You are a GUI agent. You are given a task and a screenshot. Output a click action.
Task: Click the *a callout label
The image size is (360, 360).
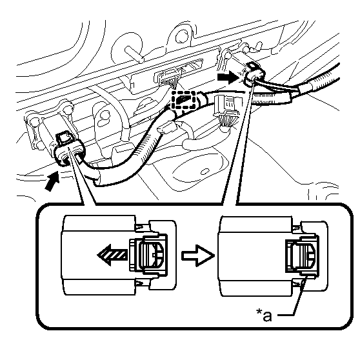click(264, 315)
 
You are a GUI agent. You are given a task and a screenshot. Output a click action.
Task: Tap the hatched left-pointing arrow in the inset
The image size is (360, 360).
click(112, 255)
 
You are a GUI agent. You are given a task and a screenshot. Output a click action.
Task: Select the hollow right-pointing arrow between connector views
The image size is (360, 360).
click(198, 255)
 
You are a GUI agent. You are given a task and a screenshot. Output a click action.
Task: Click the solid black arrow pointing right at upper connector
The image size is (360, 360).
click(228, 77)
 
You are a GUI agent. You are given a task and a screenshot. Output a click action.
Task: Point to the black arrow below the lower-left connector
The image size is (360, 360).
click(52, 181)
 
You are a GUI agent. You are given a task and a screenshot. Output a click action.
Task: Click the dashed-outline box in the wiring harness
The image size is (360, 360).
click(184, 100)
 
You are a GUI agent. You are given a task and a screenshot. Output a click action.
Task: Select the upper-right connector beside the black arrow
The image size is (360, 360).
click(254, 74)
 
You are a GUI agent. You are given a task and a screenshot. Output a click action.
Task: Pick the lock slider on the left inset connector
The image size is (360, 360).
click(148, 254)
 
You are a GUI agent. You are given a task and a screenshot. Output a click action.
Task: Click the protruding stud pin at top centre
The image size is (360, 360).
click(134, 54)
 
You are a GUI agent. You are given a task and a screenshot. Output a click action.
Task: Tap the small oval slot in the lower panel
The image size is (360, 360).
click(205, 172)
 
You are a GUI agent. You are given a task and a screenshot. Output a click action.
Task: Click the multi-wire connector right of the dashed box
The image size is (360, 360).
click(226, 112)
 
